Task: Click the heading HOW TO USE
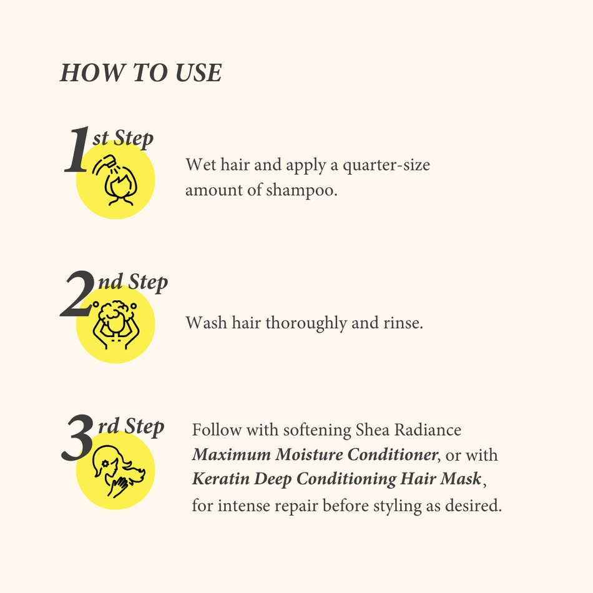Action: pos(141,73)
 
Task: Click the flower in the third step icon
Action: pos(105,464)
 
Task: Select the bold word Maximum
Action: pos(228,455)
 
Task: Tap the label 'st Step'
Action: pos(123,138)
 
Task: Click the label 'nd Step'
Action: pos(133,282)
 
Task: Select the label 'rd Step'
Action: pos(131,426)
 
